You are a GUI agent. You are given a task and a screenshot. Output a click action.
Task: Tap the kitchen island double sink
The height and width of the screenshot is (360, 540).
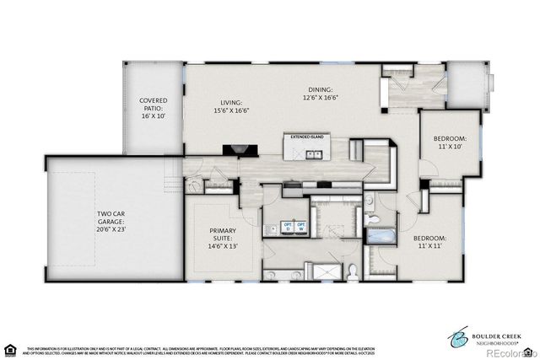tap(313, 154)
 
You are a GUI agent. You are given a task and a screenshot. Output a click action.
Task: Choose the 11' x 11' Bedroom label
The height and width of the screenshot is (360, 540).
tap(429, 243)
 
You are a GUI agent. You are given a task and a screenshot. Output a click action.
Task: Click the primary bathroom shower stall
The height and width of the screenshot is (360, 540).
tap(326, 271)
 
